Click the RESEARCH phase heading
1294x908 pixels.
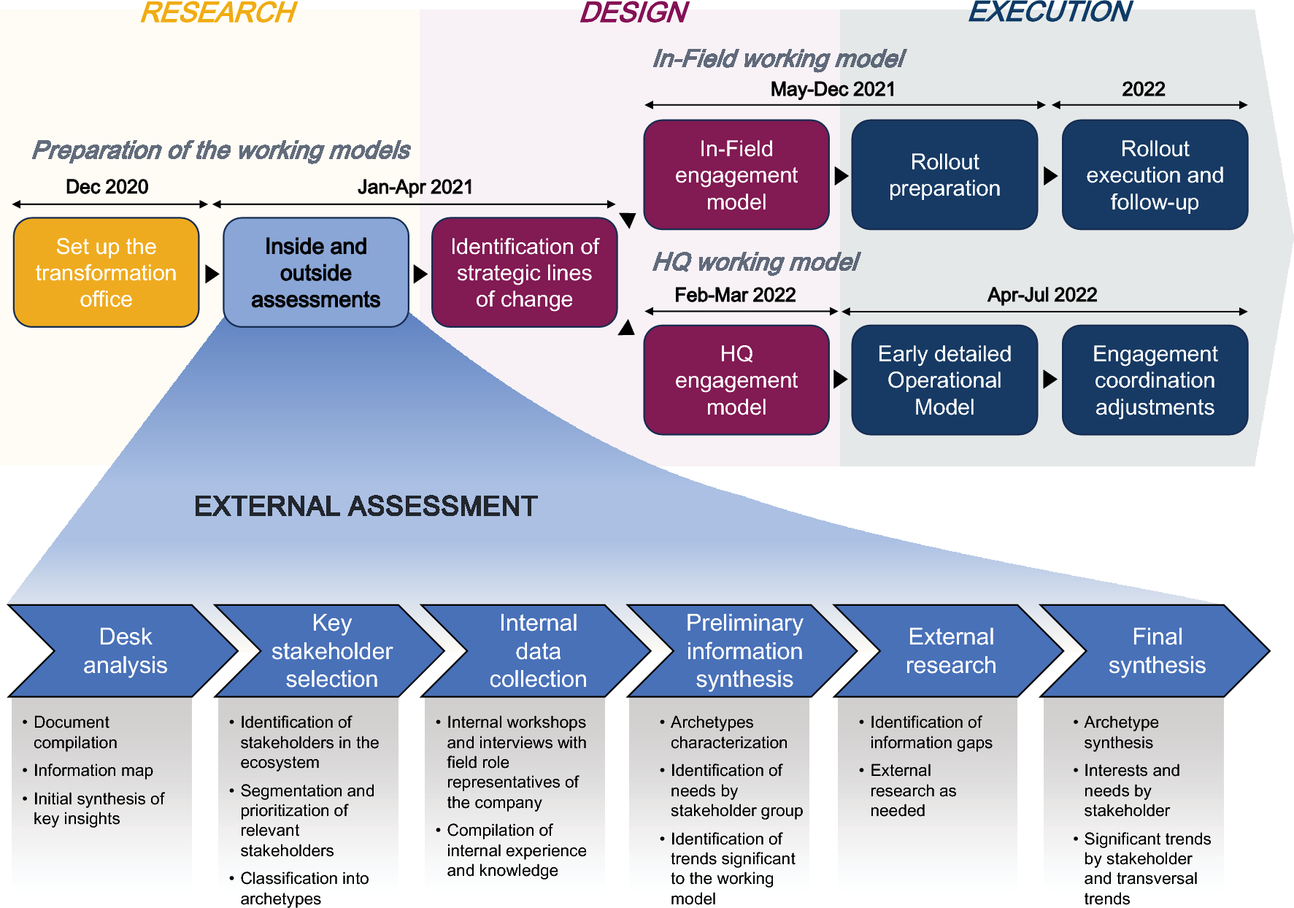tap(218, 12)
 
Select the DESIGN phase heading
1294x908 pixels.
tap(633, 12)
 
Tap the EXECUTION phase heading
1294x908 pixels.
tap(1050, 12)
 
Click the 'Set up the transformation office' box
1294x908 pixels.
tap(107, 272)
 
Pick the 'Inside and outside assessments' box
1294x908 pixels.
tap(316, 272)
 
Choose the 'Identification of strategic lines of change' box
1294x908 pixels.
tap(524, 272)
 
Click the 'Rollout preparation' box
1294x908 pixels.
tap(944, 175)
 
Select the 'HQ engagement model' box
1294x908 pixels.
tap(736, 380)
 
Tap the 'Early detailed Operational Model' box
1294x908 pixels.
tap(944, 380)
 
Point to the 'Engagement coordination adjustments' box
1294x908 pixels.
tap(1155, 380)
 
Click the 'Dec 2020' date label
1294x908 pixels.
tap(107, 187)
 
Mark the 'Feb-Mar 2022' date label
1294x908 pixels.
tap(735, 295)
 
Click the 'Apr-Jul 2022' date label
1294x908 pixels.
tap(1042, 295)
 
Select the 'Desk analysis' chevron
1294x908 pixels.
tap(125, 650)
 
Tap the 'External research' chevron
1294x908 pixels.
tap(950, 650)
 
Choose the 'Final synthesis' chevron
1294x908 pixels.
tap(1157, 650)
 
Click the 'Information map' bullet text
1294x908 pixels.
tap(93, 770)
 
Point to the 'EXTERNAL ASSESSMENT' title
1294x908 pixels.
tap(366, 507)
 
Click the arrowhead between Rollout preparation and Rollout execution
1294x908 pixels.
tap(1050, 175)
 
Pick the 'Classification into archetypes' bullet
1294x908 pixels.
tap(304, 888)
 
